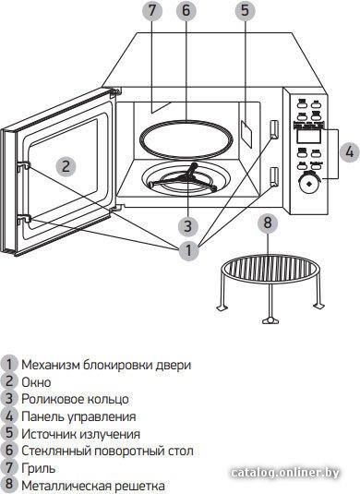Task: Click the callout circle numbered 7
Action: pos(152,10)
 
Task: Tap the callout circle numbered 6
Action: pos(186,10)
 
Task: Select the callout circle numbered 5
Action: pos(245,10)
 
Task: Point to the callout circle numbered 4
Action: pos(349,152)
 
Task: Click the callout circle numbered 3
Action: pos(188,225)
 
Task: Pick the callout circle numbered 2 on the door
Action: pos(66,165)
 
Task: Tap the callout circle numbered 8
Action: pos(268,223)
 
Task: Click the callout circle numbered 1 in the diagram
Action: pos(188,250)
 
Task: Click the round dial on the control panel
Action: pos(308,184)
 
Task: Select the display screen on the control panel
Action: pos(309,136)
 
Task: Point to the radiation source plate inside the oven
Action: pos(246,134)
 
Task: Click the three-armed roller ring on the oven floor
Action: pos(184,178)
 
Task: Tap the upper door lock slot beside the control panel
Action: pos(274,129)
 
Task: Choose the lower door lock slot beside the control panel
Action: pos(274,176)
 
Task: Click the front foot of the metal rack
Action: pos(270,320)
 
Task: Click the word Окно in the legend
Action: pos(36,382)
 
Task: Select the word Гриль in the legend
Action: pos(39,468)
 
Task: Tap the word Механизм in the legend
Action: pos(51,365)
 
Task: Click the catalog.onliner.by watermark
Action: pos(284,473)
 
